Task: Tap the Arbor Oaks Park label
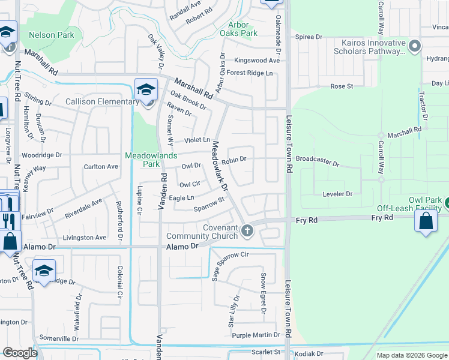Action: coord(243,29)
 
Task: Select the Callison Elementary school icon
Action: coord(146,89)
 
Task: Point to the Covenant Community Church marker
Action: coord(247,230)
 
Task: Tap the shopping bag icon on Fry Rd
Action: coord(425,221)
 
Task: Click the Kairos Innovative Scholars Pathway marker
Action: coord(414,46)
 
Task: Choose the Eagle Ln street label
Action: coord(182,197)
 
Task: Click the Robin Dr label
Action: coord(234,160)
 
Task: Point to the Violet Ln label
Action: coord(197,140)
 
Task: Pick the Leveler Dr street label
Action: coord(337,194)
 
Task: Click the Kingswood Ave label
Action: coord(257,61)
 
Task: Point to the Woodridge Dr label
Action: coord(41,155)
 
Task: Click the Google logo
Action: coord(20,353)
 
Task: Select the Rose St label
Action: coord(342,86)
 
